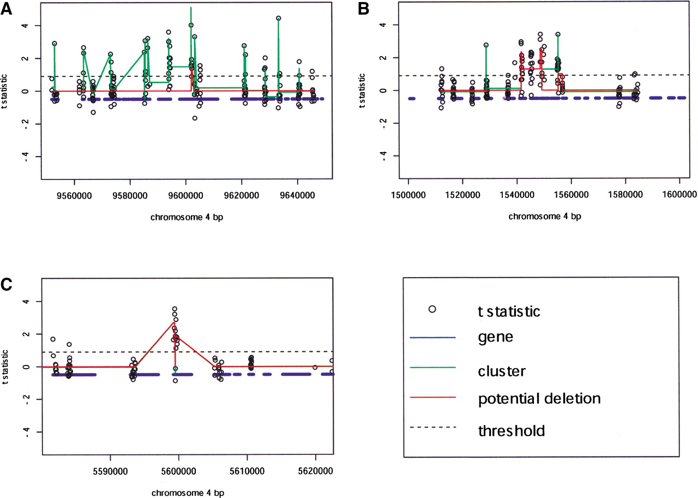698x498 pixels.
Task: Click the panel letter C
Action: click(8, 285)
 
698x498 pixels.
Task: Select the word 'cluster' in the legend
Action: click(501, 371)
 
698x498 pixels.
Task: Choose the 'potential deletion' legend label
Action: click(539, 399)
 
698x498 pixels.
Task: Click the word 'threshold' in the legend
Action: click(510, 431)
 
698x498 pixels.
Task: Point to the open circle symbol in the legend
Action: click(432, 309)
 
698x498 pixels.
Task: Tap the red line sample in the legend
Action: click(432, 398)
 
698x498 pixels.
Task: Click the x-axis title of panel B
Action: click(544, 217)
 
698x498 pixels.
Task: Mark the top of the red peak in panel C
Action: click(173, 322)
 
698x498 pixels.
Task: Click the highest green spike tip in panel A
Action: click(191, 7)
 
